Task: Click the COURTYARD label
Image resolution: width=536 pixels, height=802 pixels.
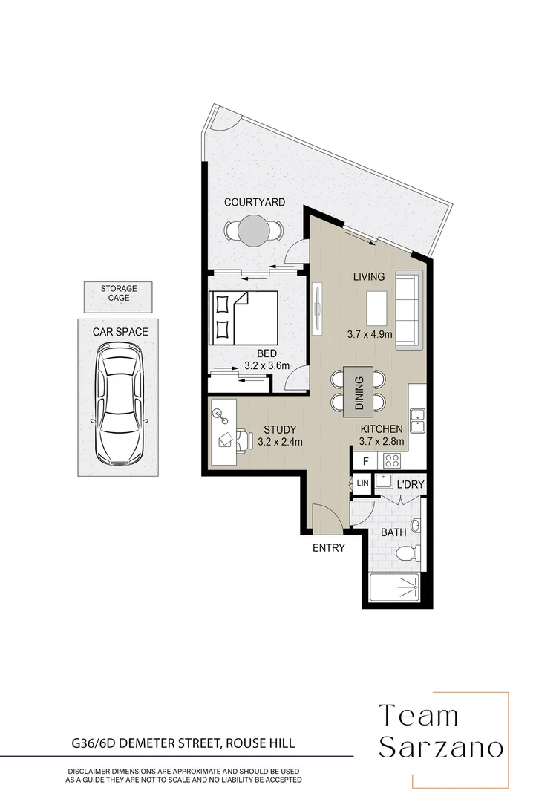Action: coord(255,202)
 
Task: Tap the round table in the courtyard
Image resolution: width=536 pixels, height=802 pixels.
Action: coord(254,230)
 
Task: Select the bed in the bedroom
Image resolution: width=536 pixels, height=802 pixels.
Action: coord(244,318)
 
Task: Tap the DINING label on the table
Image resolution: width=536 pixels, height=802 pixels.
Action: coord(360,393)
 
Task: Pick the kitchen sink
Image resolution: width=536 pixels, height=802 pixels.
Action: coord(416,421)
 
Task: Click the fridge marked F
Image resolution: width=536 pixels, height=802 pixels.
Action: coord(366,461)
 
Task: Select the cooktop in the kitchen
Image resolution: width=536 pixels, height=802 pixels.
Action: coord(391,460)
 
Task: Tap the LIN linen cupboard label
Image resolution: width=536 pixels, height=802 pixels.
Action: coord(362,483)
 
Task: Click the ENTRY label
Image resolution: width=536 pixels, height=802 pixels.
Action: coord(329,548)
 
